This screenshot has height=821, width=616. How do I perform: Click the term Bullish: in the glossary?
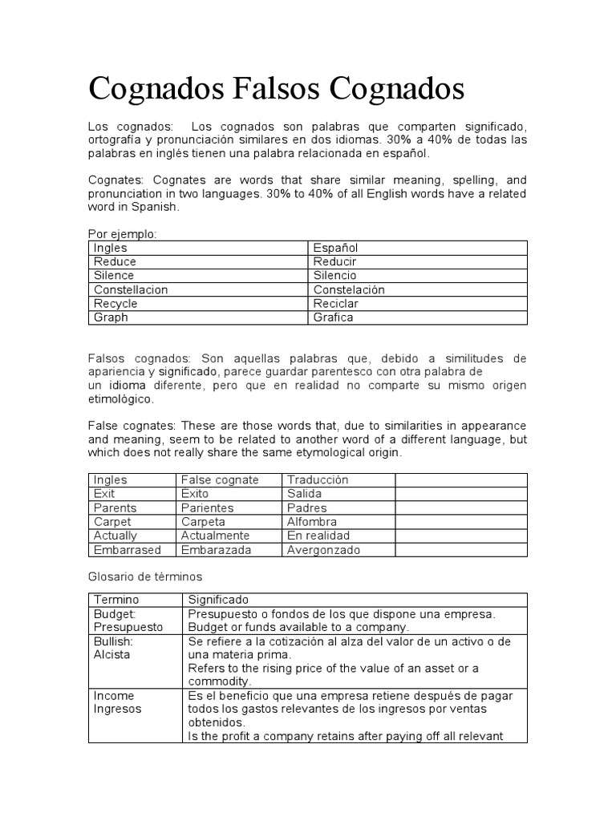113,641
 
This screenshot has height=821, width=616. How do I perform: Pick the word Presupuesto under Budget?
128,627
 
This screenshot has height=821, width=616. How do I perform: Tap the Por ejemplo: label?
122,234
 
